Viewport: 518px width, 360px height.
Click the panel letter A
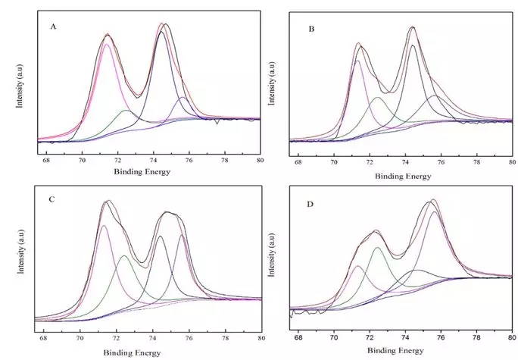[54, 27]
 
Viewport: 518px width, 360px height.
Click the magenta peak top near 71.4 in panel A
[107, 43]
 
